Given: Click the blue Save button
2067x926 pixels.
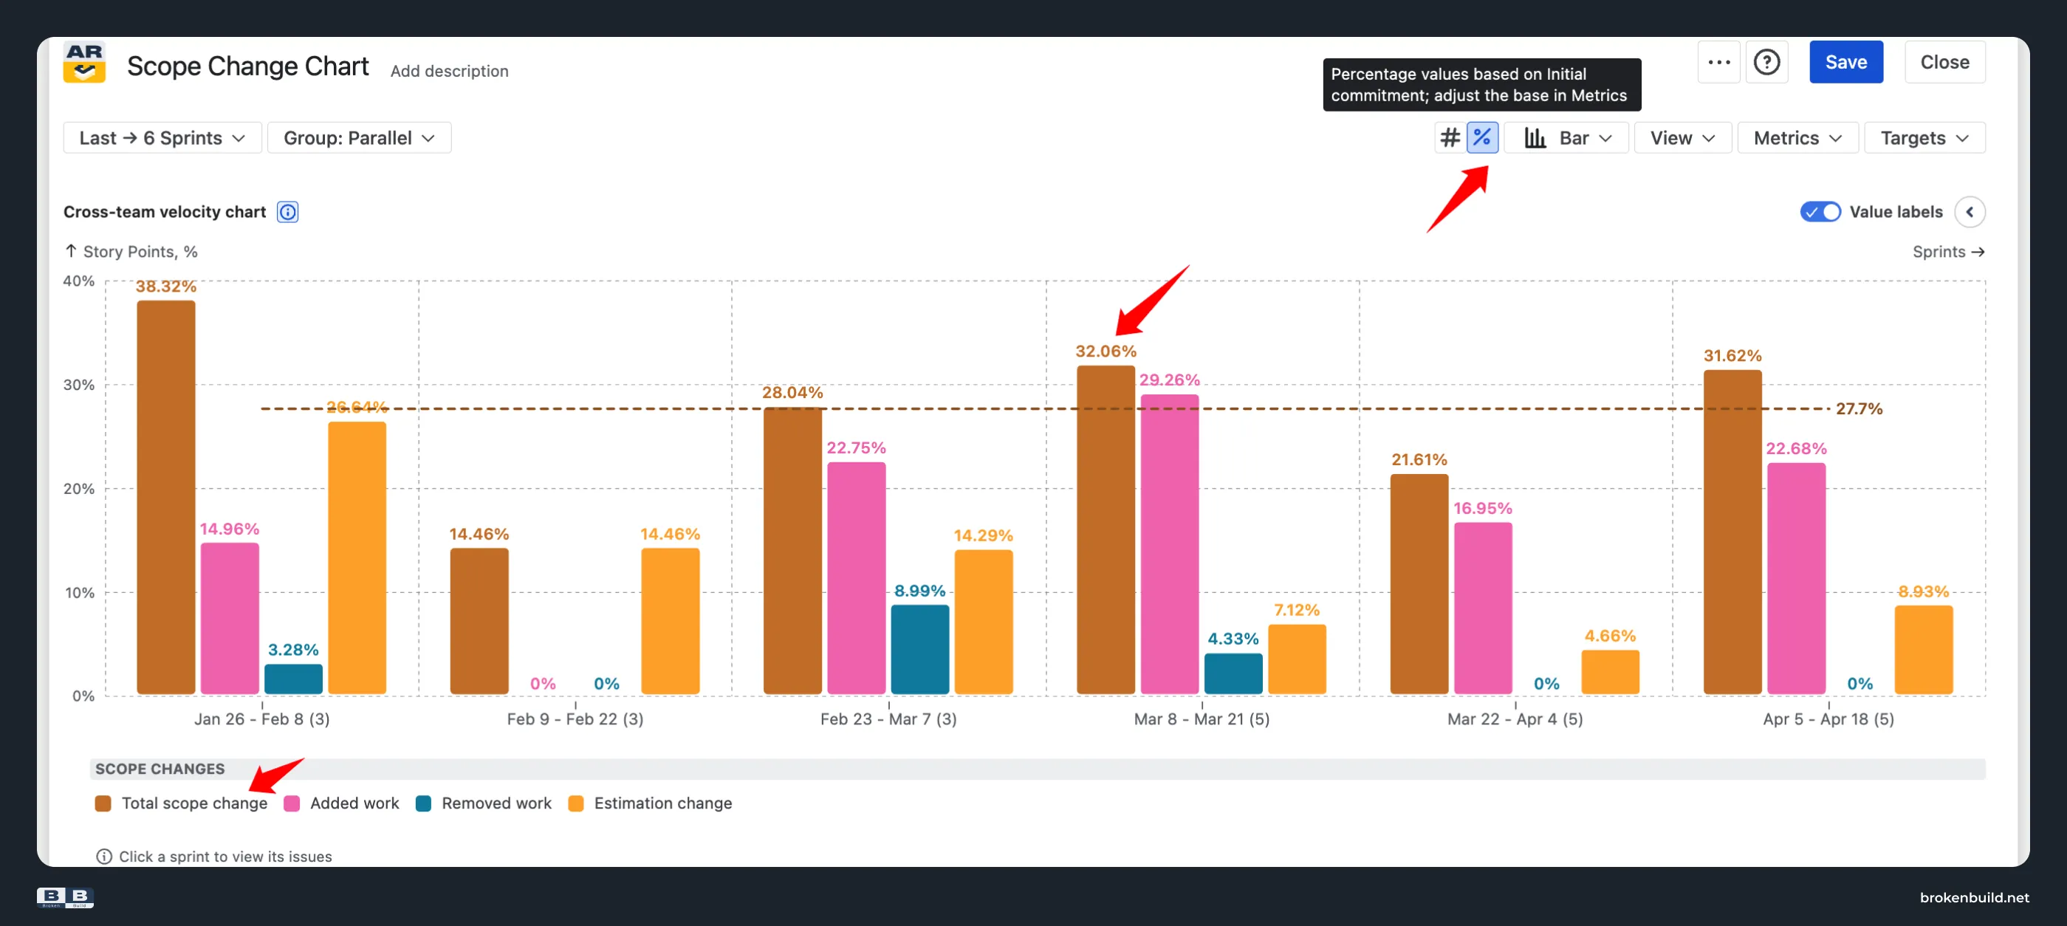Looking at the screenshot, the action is [x=1845, y=62].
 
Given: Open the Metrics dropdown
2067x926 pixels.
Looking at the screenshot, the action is [x=1797, y=138].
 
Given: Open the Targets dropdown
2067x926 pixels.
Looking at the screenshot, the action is [x=1924, y=138].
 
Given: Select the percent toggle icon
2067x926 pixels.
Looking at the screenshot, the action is [x=1481, y=138].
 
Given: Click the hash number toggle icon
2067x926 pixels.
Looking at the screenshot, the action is [x=1450, y=138].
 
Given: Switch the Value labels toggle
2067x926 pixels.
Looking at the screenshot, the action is [x=1820, y=212].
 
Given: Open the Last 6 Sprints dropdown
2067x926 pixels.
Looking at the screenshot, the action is [x=162, y=138].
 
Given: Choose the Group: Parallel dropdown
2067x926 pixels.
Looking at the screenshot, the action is [x=359, y=138].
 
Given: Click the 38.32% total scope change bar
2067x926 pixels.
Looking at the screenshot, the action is [x=166, y=498].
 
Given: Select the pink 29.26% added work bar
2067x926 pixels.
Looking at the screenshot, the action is [x=1169, y=544].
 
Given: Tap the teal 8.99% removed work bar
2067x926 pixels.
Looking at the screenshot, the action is [x=919, y=649].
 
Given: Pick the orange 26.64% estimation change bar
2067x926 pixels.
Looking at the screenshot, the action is [x=357, y=558].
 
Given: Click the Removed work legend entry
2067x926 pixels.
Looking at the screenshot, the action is [x=484, y=803].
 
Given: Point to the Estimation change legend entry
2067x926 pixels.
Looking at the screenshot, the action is [x=650, y=803].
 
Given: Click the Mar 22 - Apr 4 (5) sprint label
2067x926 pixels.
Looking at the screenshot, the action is [x=1515, y=719].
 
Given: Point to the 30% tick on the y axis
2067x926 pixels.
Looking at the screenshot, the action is [x=78, y=385].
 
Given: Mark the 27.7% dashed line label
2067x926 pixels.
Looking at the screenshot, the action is [x=1858, y=408].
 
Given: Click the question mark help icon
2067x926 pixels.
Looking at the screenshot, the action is [x=1766, y=62].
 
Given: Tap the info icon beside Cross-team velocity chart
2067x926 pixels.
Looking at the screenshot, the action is [x=287, y=212].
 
